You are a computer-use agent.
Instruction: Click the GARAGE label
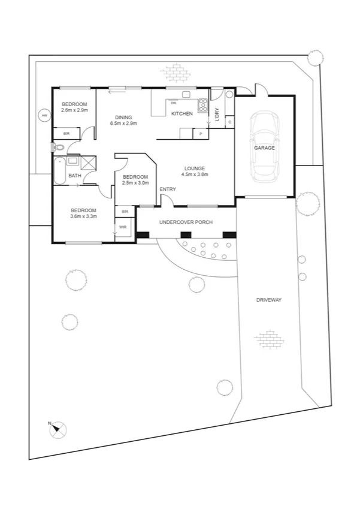pyautogui.click(x=264, y=147)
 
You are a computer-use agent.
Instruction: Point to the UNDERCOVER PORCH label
pyautogui.click(x=186, y=222)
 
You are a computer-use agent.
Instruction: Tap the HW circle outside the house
pyautogui.click(x=43, y=115)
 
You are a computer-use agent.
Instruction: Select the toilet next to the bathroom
pyautogui.click(x=57, y=147)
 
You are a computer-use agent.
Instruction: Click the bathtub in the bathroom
pyautogui.click(x=59, y=171)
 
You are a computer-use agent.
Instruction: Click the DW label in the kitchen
pyautogui.click(x=173, y=103)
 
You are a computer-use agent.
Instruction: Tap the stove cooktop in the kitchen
pyautogui.click(x=203, y=103)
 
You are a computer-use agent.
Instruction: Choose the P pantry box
pyautogui.click(x=201, y=134)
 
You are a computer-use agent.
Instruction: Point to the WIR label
pyautogui.click(x=123, y=227)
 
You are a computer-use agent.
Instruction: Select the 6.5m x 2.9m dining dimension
pyautogui.click(x=123, y=124)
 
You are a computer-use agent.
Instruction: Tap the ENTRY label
pyautogui.click(x=168, y=189)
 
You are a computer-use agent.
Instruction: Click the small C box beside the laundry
pyautogui.click(x=229, y=122)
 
